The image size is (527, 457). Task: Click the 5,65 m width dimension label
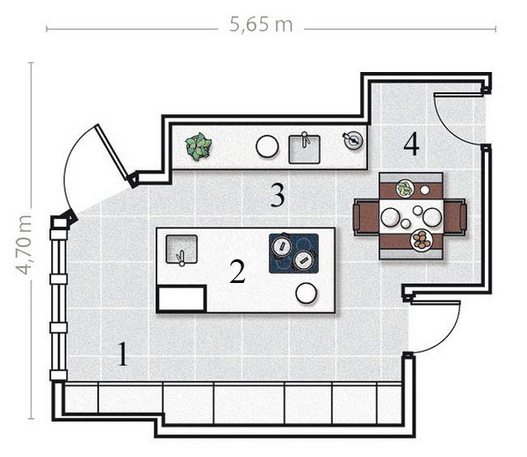(x=261, y=25)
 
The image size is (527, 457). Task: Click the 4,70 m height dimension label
(x=24, y=245)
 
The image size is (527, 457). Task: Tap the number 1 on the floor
(x=123, y=354)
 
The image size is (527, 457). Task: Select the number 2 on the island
(x=237, y=272)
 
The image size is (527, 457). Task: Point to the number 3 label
(x=278, y=196)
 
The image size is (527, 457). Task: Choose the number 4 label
(x=411, y=144)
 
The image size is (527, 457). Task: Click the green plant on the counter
(x=199, y=147)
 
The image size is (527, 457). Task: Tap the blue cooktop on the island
(x=293, y=254)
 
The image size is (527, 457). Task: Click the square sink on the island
(x=182, y=250)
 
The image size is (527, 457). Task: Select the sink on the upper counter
(x=305, y=149)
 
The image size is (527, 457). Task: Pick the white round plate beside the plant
(x=267, y=147)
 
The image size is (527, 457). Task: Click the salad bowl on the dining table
(x=405, y=188)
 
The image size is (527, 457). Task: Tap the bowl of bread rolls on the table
(x=422, y=239)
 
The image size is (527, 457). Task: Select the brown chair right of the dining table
(x=455, y=216)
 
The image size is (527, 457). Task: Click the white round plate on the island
(x=307, y=294)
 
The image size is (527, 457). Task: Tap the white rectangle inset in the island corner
(x=182, y=298)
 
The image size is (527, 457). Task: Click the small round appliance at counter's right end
(x=353, y=140)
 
